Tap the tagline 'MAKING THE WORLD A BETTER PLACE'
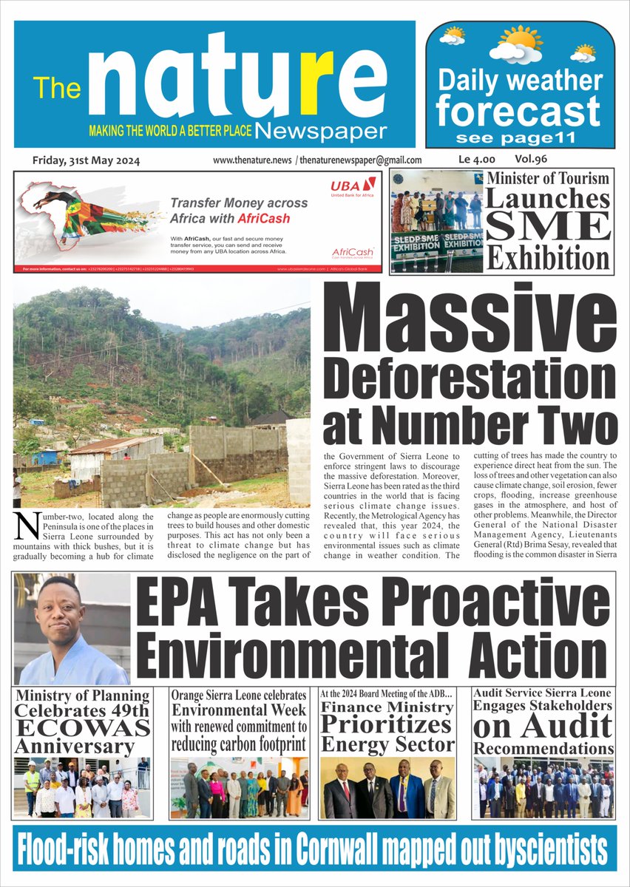pos(170,131)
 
